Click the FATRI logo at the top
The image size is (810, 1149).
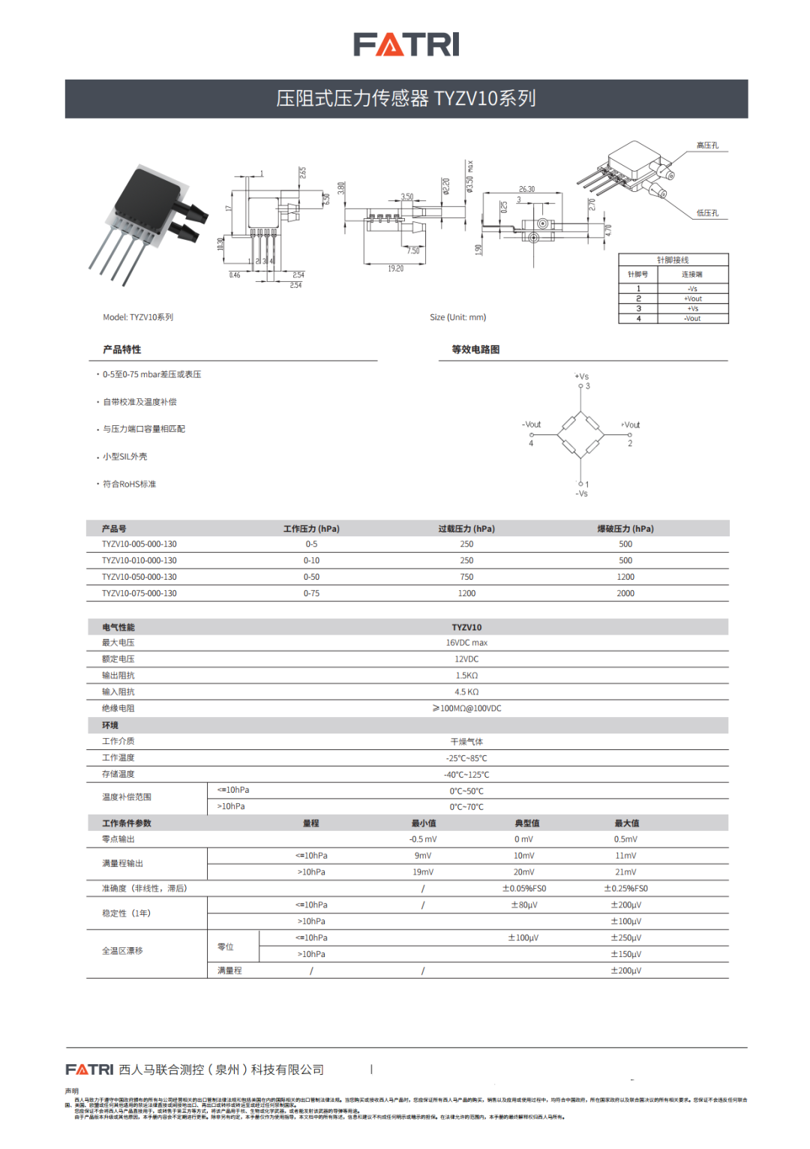[406, 44]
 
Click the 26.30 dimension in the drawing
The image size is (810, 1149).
[526, 189]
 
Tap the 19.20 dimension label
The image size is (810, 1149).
[395, 268]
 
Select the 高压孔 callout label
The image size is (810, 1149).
[707, 145]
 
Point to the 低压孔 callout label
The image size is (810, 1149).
[707, 213]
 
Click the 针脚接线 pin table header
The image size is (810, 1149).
[673, 260]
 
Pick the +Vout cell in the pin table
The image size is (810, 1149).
[693, 298]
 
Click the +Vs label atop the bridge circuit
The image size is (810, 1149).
[582, 376]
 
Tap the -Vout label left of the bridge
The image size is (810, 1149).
[532, 424]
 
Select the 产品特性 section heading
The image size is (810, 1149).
[121, 349]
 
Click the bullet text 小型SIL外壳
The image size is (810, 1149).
[124, 457]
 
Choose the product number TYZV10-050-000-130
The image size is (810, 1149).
[139, 577]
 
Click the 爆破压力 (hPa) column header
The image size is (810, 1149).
[625, 529]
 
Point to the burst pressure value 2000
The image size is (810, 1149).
[625, 593]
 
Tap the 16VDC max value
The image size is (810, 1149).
[466, 643]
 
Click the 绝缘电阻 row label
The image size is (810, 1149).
[118, 708]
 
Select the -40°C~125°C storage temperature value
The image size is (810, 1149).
[466, 775]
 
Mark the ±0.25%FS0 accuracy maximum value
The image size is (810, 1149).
[625, 889]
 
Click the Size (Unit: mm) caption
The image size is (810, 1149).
[458, 317]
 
